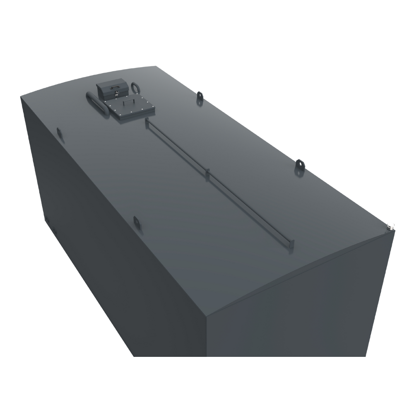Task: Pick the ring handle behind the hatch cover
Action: point(135,87)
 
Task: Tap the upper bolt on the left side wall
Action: point(47,219)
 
